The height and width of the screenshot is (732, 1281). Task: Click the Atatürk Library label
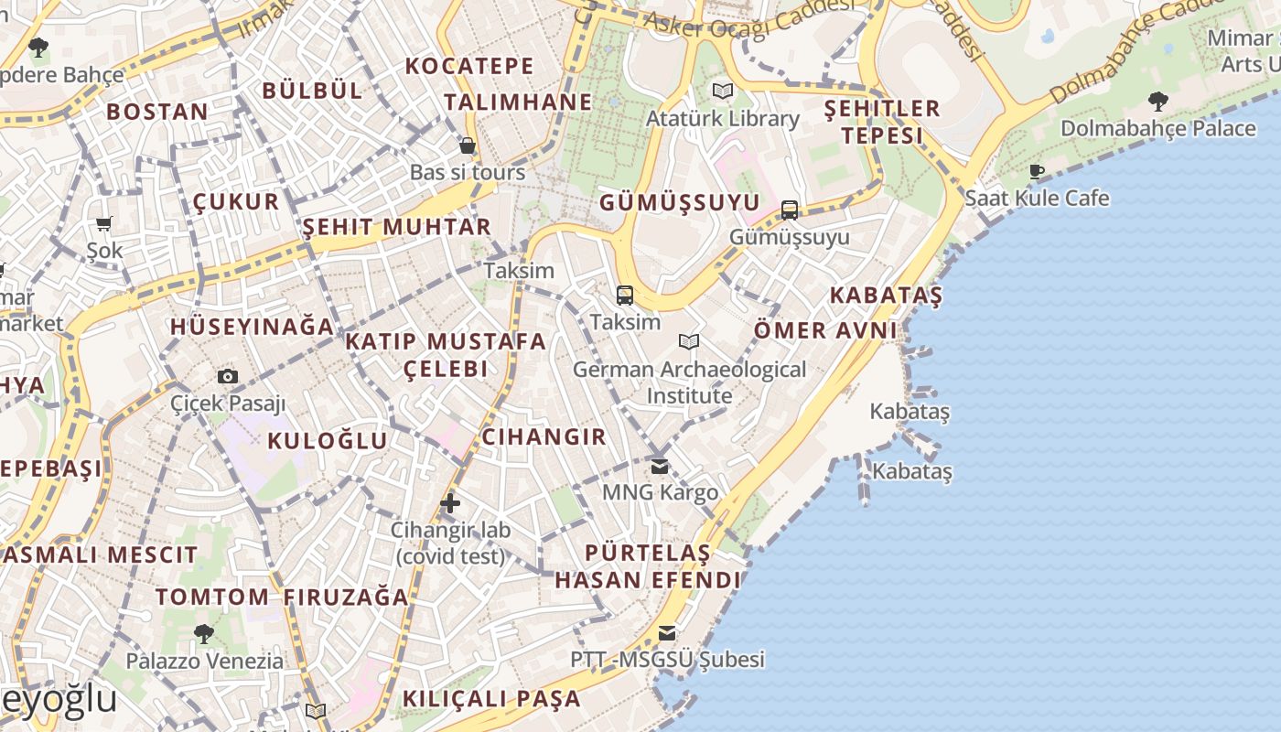[723, 119]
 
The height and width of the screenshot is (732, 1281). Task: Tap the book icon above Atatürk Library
[723, 91]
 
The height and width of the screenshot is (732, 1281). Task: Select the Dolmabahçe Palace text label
[1157, 128]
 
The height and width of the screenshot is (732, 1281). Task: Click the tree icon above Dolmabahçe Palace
[1157, 101]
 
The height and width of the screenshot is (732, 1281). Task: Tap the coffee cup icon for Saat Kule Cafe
[1037, 171]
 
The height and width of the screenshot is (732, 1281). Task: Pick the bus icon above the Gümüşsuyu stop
[790, 210]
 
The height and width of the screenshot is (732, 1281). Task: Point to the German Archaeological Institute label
[690, 382]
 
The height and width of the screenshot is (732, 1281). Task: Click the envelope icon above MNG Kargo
[660, 467]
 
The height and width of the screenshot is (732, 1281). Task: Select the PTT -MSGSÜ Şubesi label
[667, 660]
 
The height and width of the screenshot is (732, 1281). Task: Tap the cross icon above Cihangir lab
[450, 502]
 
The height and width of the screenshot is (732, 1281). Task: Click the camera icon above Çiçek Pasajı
[228, 376]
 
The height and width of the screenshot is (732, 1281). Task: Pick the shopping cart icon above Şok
[104, 223]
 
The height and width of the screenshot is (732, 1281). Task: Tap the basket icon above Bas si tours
[468, 145]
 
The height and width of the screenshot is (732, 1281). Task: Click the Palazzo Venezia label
[204, 661]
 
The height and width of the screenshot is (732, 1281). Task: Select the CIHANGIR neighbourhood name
[544, 436]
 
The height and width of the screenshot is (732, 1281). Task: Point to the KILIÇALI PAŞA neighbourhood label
[491, 699]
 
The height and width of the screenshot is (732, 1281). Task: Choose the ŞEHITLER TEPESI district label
[882, 122]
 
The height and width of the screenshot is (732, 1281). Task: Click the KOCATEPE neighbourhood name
[469, 66]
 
